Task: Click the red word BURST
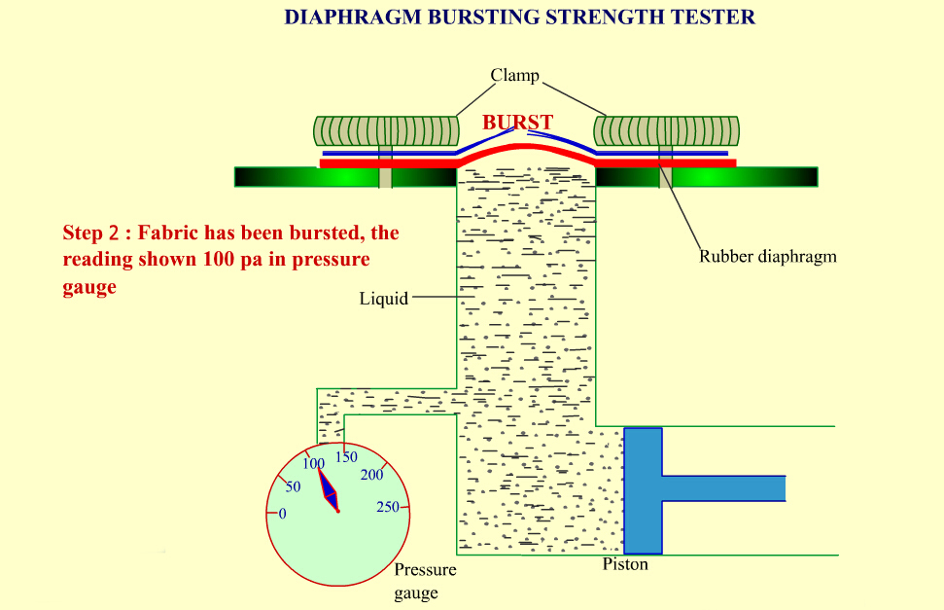click(x=517, y=123)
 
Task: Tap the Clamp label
click(x=514, y=75)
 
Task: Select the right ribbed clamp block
click(x=667, y=130)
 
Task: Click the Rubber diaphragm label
click(x=767, y=257)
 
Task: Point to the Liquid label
click(x=383, y=299)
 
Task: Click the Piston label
click(x=625, y=564)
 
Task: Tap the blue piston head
click(x=643, y=489)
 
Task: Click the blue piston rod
click(x=723, y=487)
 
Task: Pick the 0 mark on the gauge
click(x=282, y=513)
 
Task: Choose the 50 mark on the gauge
click(x=293, y=485)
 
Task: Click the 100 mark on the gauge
click(x=312, y=463)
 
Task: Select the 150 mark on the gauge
click(x=346, y=456)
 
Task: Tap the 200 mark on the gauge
click(x=371, y=475)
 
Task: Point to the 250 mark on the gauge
click(x=387, y=507)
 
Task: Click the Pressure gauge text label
click(x=424, y=581)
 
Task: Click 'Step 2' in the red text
click(x=95, y=233)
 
